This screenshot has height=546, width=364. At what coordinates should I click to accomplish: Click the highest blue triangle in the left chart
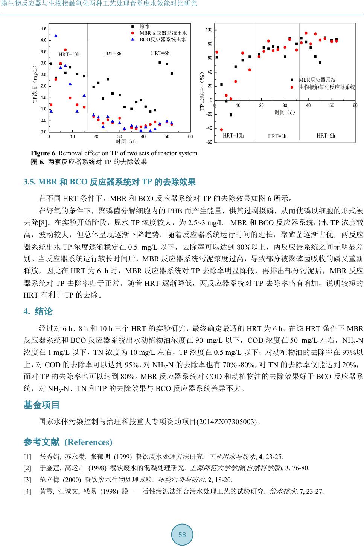pos(56,36)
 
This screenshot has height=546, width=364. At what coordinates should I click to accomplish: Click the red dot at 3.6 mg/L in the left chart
pos(65,50)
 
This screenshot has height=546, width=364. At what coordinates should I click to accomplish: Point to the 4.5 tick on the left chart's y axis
pos(44,29)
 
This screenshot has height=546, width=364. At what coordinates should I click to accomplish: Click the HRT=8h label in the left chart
pos(112,54)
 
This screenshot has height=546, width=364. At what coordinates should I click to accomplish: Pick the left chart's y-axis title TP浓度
pos(35,84)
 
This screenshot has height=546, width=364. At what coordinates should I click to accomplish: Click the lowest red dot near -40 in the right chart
pos(221,130)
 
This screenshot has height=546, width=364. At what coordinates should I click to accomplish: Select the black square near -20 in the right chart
pos(231,115)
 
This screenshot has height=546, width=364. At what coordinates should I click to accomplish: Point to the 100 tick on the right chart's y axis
pos(209,30)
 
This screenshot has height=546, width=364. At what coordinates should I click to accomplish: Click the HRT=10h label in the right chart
pos(233,136)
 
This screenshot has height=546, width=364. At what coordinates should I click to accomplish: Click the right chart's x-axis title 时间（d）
pos(285,112)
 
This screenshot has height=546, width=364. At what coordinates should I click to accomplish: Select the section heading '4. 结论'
pos(38,311)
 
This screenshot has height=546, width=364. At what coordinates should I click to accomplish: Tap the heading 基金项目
pos(42,405)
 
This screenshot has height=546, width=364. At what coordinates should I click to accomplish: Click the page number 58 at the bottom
pos(182,535)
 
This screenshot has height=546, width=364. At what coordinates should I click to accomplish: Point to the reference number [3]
pos(27,480)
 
